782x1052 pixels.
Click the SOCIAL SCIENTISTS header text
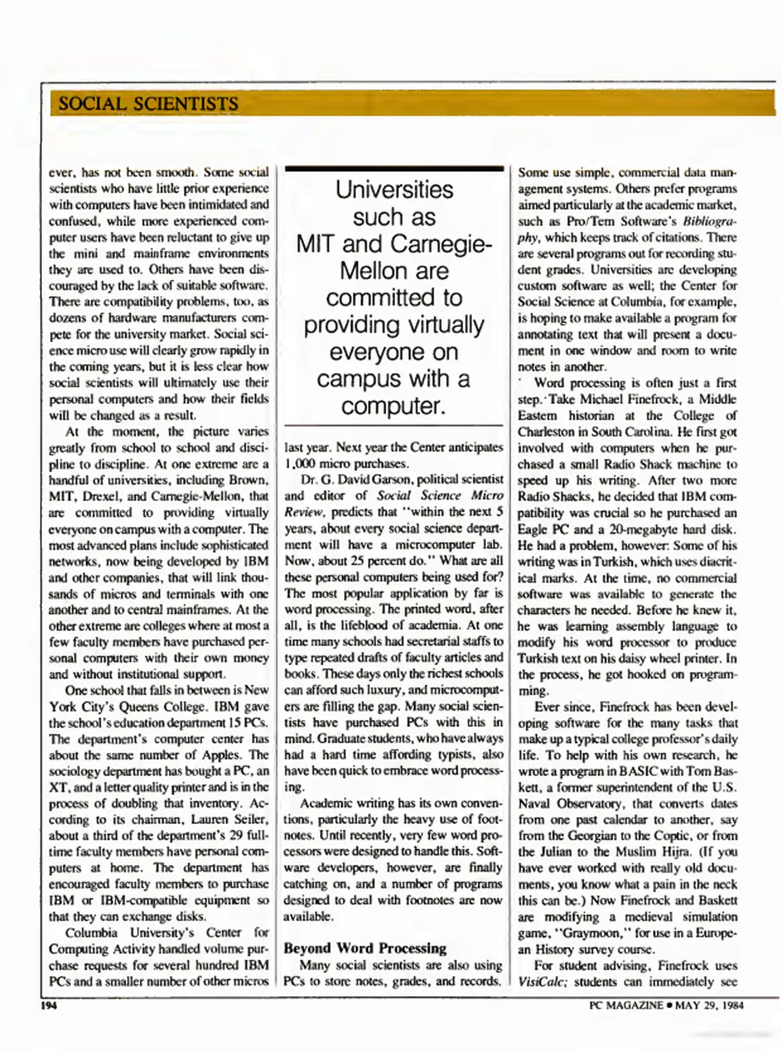tap(148, 104)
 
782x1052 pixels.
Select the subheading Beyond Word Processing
tap(365, 948)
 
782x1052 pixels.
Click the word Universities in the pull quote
tap(394, 189)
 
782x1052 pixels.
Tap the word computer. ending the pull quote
tap(394, 405)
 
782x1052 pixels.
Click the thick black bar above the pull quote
tap(394, 169)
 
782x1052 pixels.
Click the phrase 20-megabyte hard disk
tap(676, 529)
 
